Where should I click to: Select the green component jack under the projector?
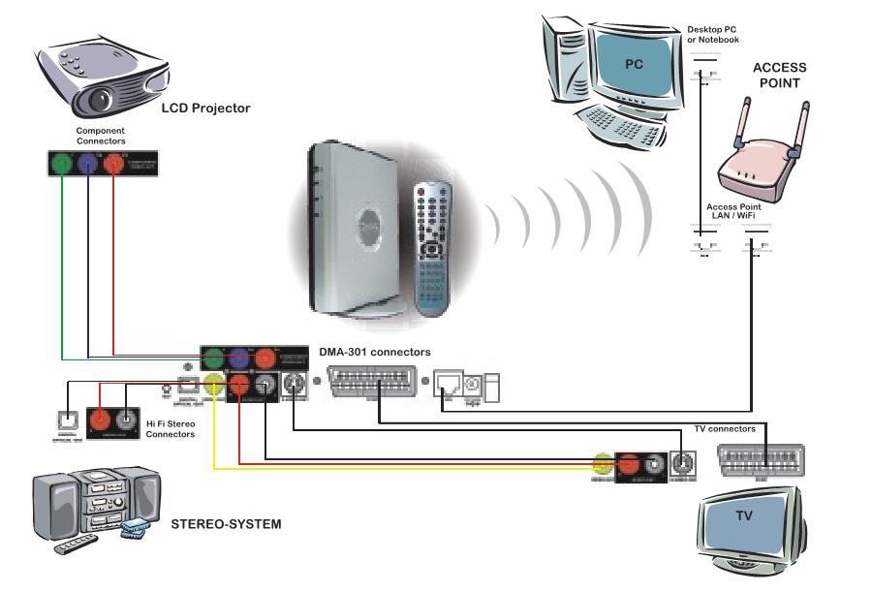(62, 164)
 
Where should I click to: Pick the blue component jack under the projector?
(88, 164)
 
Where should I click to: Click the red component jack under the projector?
(113, 164)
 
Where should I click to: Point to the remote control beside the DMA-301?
(434, 246)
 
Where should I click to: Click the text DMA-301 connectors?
(375, 352)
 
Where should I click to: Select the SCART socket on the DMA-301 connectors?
(369, 386)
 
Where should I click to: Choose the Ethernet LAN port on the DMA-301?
(448, 386)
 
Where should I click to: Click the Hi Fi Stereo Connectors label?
(171, 429)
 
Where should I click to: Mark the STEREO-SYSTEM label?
(226, 524)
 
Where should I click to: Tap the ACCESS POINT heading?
(779, 76)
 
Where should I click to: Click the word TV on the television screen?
(743, 515)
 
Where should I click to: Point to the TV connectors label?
(725, 428)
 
